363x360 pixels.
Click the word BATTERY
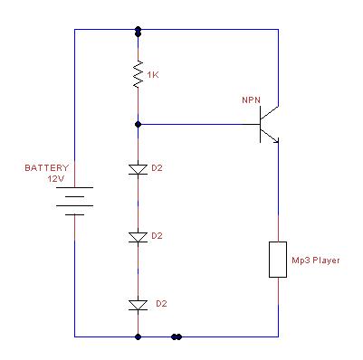click(47, 168)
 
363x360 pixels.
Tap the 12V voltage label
click(56, 179)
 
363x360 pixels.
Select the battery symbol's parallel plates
click(74, 201)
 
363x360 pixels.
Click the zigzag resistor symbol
click(139, 74)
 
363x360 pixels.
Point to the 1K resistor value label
click(153, 75)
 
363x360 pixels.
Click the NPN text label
click(251, 100)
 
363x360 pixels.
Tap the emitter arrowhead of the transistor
click(276, 140)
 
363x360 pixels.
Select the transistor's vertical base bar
click(260, 125)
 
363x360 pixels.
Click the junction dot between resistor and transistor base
click(139, 124)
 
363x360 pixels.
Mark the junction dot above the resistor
click(139, 32)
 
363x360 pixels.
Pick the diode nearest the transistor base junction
click(138, 169)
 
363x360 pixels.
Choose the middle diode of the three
click(138, 237)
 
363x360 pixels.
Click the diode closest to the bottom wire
click(138, 305)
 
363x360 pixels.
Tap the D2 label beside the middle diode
click(157, 236)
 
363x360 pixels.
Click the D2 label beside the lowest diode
click(161, 304)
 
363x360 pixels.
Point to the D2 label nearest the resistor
click(157, 168)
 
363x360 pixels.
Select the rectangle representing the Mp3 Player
click(278, 260)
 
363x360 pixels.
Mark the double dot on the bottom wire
click(177, 336)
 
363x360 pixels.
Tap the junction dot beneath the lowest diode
click(139, 336)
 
